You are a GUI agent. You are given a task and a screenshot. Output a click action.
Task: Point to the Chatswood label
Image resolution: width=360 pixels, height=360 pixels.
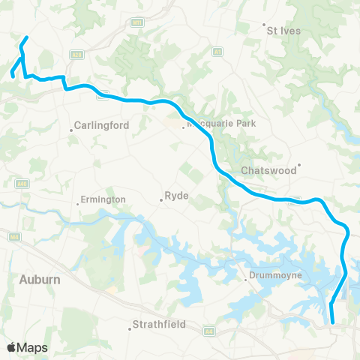click(269, 171)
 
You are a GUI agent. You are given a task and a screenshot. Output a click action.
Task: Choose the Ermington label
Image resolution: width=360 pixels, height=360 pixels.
click(104, 199)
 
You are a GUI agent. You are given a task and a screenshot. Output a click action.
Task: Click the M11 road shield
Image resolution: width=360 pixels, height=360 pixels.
click(136, 23)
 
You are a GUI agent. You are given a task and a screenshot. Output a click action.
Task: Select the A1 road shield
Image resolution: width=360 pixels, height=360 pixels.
click(218, 52)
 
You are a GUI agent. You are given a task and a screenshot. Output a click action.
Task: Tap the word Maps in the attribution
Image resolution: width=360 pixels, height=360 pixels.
click(33, 347)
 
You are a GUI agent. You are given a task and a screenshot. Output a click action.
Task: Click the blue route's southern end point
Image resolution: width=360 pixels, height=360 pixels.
click(332, 322)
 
